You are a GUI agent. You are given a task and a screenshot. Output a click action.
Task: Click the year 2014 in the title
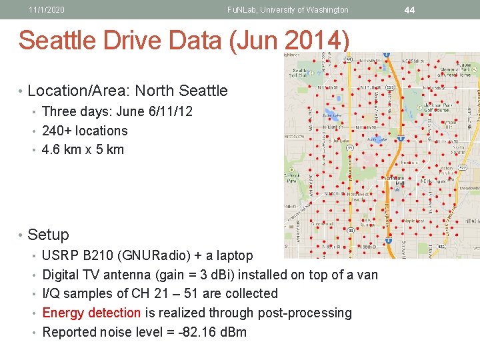pos(315,41)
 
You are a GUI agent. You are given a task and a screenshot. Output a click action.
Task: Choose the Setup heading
pos(48,235)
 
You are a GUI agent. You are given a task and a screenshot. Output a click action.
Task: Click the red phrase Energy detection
pos(91,313)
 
